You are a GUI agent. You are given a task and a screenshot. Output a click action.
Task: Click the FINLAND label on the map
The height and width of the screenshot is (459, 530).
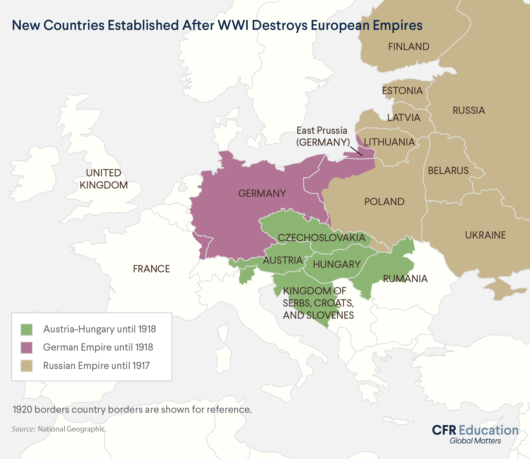point(409,47)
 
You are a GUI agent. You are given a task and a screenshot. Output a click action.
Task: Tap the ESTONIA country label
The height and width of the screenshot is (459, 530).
point(402,91)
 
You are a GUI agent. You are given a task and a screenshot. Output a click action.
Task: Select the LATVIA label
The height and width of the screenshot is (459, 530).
point(404,118)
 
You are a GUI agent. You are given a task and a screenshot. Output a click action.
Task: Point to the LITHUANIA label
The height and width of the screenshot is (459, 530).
point(389,142)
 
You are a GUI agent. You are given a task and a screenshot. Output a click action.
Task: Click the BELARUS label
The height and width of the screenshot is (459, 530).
point(448,171)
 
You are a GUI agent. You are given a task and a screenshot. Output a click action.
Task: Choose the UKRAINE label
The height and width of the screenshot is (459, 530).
point(485,235)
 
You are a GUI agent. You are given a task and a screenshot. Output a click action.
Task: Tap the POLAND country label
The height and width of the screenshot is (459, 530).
point(384,202)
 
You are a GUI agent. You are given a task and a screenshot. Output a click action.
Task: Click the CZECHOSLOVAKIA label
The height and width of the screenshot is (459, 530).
point(321,238)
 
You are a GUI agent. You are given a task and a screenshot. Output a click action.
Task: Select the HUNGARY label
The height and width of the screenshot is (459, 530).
point(337,265)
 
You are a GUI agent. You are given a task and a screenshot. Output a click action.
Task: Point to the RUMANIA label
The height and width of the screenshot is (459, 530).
point(405,279)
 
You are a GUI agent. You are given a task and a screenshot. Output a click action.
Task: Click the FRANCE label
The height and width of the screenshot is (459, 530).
point(151,269)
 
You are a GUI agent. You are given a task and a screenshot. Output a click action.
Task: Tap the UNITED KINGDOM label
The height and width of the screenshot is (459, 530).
point(104,179)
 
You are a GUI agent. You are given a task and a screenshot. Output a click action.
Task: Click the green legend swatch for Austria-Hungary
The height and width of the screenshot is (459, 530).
point(26,330)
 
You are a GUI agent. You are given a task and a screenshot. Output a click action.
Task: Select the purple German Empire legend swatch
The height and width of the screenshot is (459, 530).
point(26,348)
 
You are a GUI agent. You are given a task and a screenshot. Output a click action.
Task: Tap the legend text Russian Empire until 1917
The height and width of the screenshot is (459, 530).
point(96,366)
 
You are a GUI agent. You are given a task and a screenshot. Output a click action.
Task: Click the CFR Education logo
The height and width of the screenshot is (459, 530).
point(475,434)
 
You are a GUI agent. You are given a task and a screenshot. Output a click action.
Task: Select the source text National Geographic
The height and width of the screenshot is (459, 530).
point(72,429)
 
